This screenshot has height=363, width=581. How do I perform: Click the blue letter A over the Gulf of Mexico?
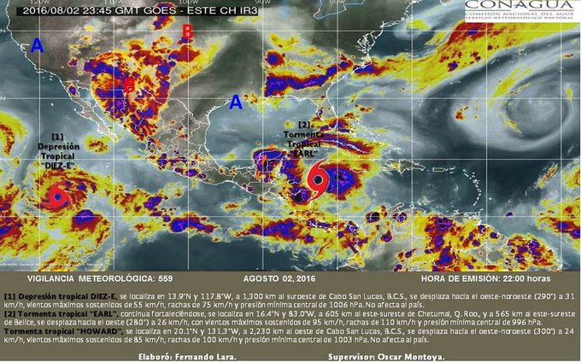pyautogui.click(x=236, y=102)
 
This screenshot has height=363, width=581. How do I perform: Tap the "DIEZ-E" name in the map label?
pyautogui.click(x=58, y=167)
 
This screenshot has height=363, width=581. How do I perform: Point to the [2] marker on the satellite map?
pyautogui.click(x=304, y=125)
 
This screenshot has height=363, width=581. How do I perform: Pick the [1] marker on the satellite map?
pyautogui.click(x=57, y=137)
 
